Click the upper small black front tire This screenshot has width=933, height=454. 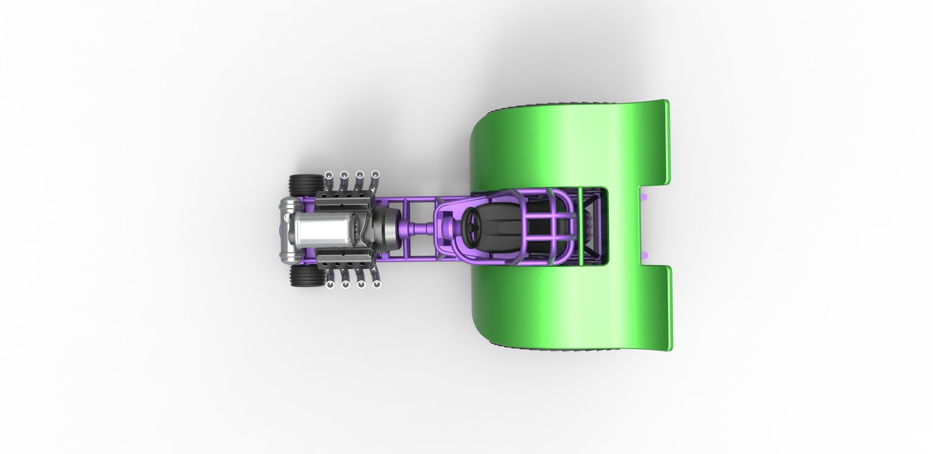[307, 185]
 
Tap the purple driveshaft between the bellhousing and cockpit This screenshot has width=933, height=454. [416, 229]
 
